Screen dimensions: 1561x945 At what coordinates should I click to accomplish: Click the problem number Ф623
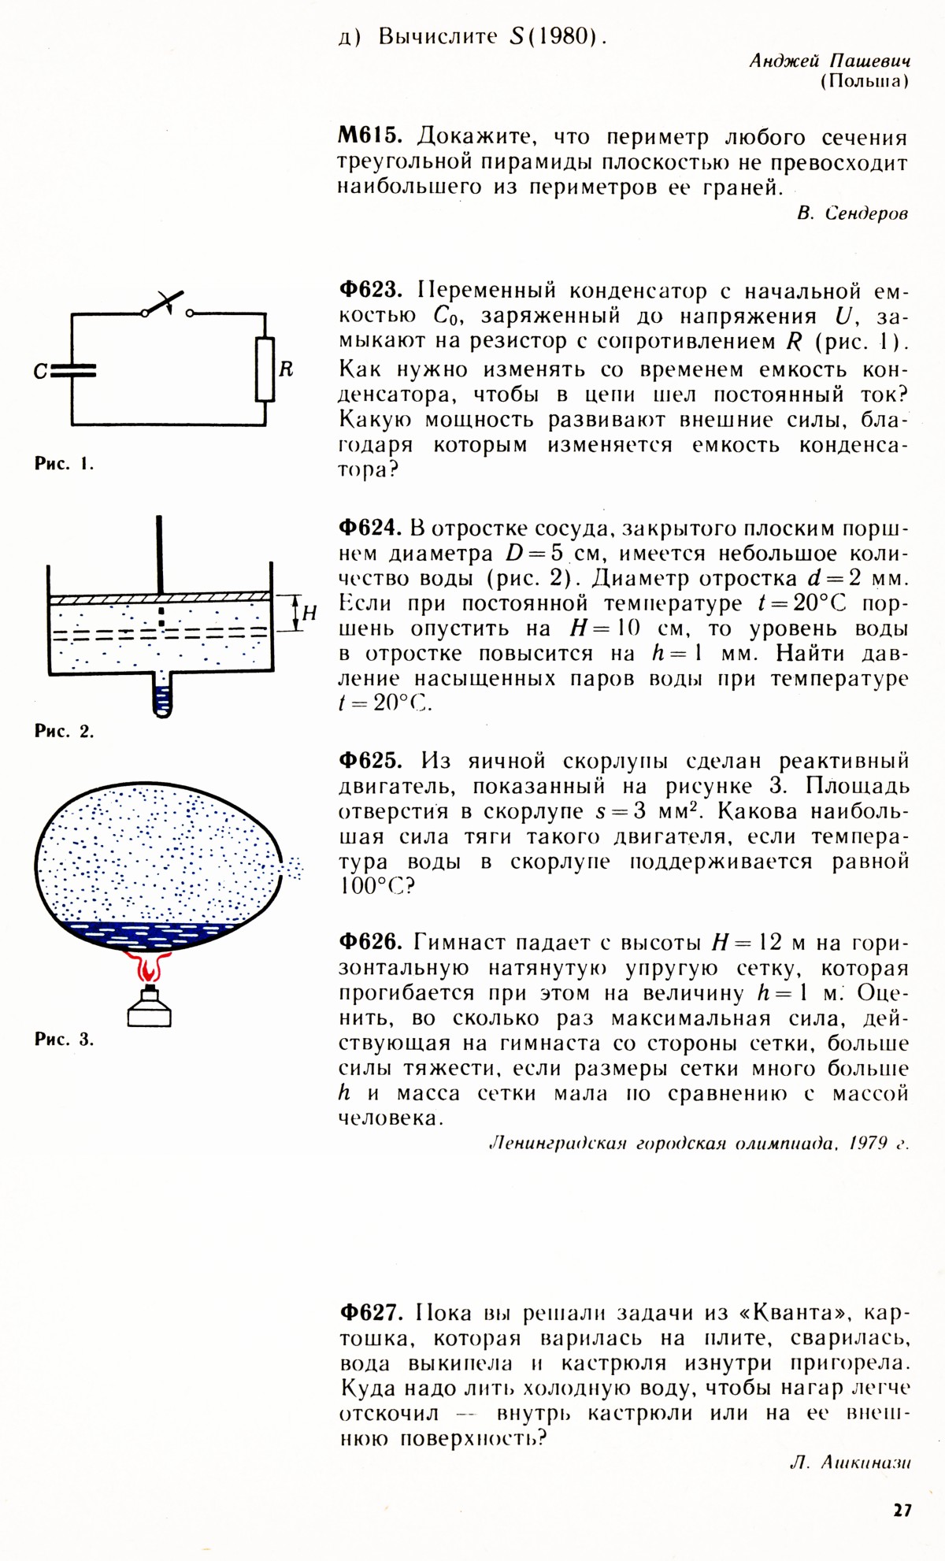(x=369, y=290)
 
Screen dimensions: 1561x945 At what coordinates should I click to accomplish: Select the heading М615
(x=369, y=137)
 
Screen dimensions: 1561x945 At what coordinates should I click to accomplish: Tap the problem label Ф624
(x=369, y=528)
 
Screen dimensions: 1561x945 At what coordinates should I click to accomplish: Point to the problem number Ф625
(x=369, y=761)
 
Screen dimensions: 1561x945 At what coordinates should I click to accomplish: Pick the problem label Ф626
(x=369, y=942)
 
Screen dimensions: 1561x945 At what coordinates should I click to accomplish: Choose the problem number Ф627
(x=370, y=1313)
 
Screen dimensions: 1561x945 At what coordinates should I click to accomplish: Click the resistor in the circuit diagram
(x=265, y=369)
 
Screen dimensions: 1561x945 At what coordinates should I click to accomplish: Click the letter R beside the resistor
(x=287, y=369)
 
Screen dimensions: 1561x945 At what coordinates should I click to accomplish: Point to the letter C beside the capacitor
(x=40, y=371)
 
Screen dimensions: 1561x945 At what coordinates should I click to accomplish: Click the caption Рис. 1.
(x=64, y=464)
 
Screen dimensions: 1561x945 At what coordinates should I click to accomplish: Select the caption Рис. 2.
(x=64, y=731)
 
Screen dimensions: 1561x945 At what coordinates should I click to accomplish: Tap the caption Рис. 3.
(x=64, y=1039)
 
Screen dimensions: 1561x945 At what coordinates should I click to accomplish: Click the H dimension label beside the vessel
(x=310, y=612)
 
